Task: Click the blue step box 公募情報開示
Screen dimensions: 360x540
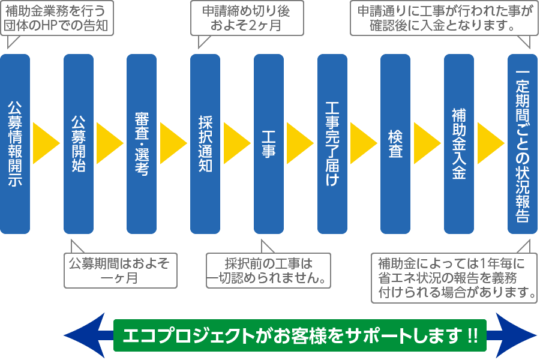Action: click(15, 144)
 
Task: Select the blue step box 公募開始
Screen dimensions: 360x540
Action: click(79, 144)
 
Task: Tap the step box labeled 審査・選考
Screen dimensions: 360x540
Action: click(142, 144)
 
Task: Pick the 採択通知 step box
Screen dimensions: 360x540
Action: click(205, 144)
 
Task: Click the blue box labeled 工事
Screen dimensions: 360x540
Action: click(269, 144)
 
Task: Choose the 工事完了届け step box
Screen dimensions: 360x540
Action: click(332, 144)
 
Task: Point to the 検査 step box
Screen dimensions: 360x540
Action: click(395, 144)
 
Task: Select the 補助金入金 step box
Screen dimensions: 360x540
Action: click(459, 144)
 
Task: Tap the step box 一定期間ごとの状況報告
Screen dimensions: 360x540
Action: click(523, 144)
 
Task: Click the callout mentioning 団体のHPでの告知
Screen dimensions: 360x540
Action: click(58, 18)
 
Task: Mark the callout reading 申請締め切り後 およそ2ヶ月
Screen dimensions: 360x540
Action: click(246, 18)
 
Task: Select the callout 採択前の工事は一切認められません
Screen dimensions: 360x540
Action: click(269, 270)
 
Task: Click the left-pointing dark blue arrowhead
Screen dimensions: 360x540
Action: click(84, 335)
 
